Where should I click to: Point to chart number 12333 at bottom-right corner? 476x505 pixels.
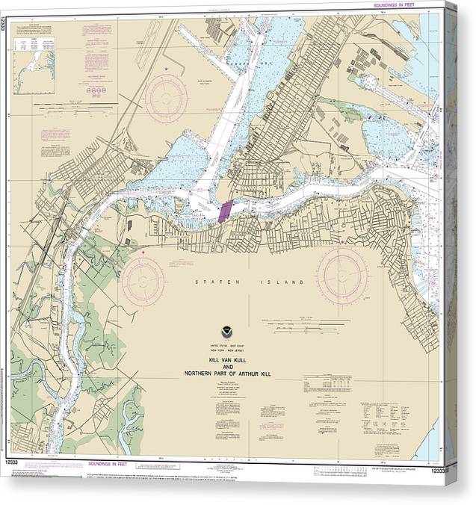441,468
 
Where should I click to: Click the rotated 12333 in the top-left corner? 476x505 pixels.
5,25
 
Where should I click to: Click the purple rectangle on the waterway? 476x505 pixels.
226,210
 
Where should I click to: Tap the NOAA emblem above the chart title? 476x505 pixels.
226,330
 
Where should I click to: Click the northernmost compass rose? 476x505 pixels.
166,97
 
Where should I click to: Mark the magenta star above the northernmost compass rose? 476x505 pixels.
166,69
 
